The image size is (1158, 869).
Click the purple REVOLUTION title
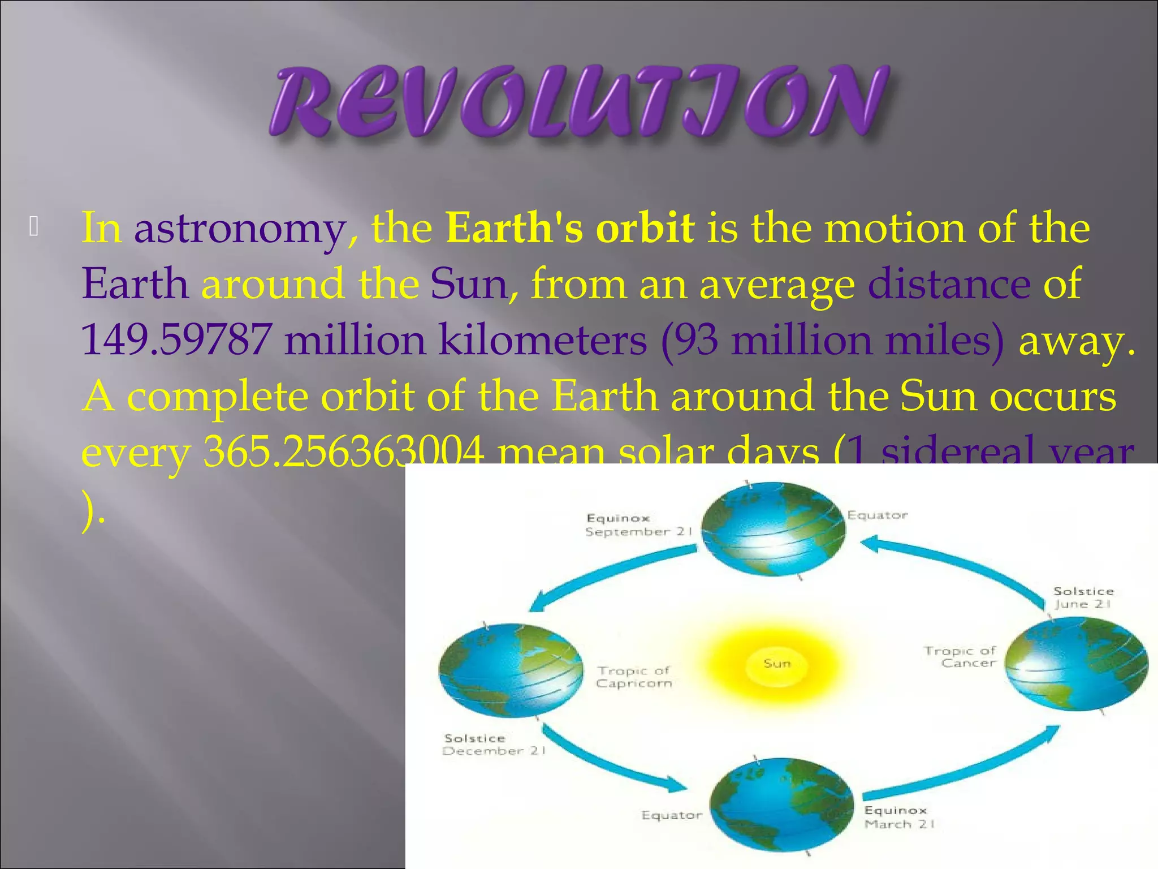point(580,102)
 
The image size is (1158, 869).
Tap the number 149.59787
point(176,340)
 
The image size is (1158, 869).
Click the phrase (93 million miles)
point(832,340)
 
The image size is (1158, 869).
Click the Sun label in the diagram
point(777,663)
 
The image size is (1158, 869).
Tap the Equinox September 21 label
point(638,525)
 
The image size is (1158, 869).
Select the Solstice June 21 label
point(1083,597)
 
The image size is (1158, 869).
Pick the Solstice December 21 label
point(493,745)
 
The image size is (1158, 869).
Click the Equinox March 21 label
point(898,818)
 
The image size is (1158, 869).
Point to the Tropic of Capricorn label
point(634,677)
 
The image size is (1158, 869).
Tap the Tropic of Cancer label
point(960,657)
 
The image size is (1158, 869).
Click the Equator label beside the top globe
point(877,515)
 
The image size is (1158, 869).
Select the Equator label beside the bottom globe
point(672,815)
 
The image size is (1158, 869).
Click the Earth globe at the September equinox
point(773,529)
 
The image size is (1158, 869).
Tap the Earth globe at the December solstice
point(511,670)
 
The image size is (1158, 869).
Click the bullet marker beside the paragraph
point(34,227)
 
